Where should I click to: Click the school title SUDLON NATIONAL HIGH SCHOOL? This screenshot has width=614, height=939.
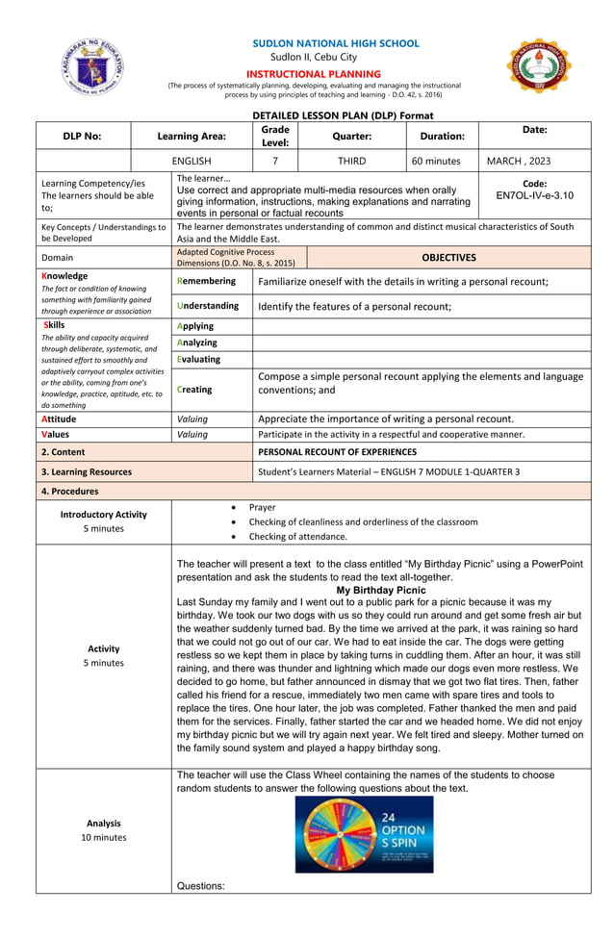(x=335, y=43)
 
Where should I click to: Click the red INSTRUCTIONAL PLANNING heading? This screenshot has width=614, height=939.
(x=314, y=74)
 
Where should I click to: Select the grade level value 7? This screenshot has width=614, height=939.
(x=274, y=162)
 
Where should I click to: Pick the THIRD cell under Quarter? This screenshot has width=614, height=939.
(x=351, y=162)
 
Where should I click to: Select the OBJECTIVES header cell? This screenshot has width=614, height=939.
(x=448, y=258)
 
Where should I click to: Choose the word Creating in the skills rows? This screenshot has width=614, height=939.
(x=195, y=390)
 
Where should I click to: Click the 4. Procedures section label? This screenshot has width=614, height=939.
(x=70, y=491)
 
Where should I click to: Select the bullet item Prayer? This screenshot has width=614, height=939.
(x=262, y=507)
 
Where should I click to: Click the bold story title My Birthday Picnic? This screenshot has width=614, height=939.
(x=381, y=590)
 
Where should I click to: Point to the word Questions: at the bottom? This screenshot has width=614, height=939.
(x=201, y=886)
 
